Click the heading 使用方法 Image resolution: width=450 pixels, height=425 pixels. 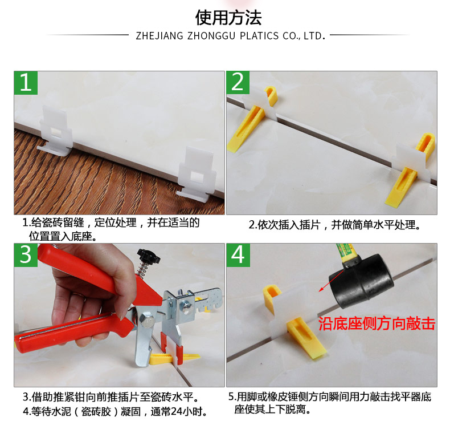tap(228, 18)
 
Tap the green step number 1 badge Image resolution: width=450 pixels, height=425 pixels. tap(26, 83)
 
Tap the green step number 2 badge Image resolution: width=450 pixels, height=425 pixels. tap(238, 83)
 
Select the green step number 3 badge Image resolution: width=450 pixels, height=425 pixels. tap(26, 255)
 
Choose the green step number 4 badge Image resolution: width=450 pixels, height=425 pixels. tap(238, 255)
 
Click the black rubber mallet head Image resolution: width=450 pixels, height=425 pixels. tap(362, 281)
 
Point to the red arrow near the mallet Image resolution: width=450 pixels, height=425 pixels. tap(331, 281)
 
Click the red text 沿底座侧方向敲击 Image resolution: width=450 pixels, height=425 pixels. tap(377, 323)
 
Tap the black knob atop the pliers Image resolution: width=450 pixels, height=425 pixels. tap(148, 256)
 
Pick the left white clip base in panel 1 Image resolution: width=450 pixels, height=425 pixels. tap(56, 132)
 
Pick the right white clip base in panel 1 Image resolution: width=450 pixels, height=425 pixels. tap(197, 175)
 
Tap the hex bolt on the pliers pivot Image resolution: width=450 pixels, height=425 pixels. tap(146, 320)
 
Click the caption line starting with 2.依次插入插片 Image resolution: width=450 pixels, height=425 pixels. tap(334, 225)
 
